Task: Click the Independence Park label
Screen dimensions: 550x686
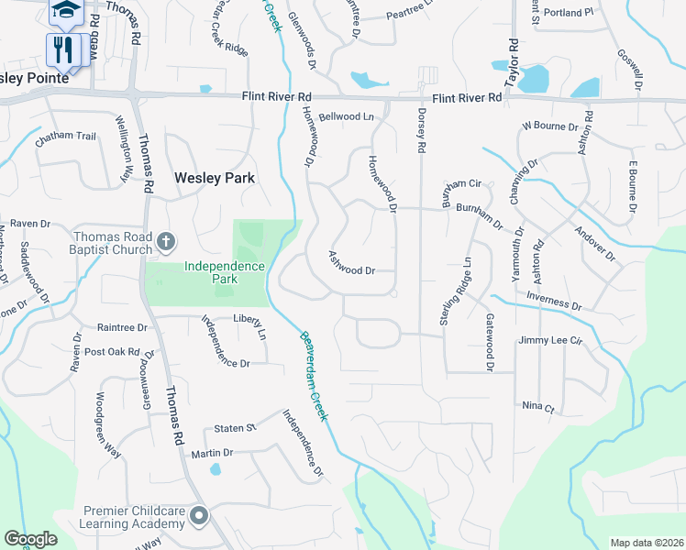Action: [225, 267]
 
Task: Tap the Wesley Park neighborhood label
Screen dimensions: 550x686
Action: [215, 178]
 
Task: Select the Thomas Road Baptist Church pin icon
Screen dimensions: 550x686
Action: [165, 242]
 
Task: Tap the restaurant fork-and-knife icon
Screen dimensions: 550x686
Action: [63, 49]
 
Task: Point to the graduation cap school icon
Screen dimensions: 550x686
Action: [64, 11]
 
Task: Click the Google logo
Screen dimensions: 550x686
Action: [30, 539]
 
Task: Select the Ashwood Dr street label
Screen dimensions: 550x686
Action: [353, 265]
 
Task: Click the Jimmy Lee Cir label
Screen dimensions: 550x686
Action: [550, 340]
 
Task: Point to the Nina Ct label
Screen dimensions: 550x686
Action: [538, 406]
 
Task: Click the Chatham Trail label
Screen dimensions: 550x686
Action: [65, 137]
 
